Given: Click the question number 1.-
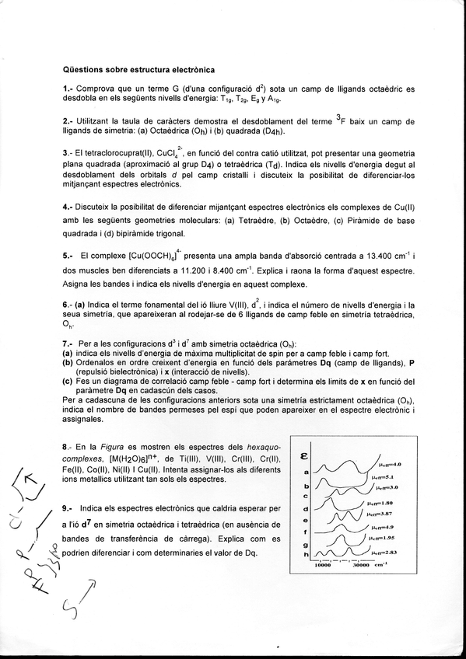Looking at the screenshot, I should tap(68, 89).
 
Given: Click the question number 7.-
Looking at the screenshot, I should tap(68, 343).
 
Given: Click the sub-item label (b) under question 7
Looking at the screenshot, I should tap(68, 361).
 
